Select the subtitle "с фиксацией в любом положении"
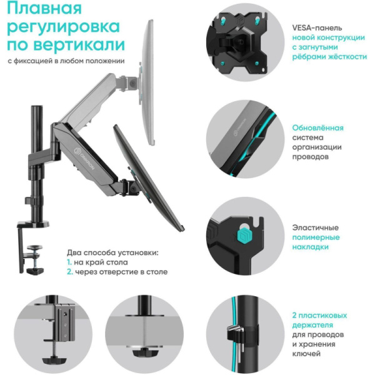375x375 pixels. pos(66,61)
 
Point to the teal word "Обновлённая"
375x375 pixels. pos(317,127)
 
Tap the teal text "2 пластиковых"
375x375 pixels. pos(319,316)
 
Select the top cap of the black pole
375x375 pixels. pos(36,110)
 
